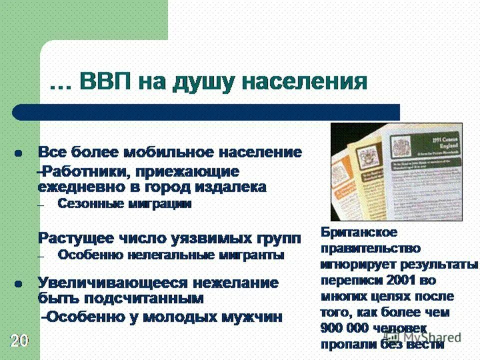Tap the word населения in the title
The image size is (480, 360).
299,82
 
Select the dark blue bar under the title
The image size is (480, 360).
205,112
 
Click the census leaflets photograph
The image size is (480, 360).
397,172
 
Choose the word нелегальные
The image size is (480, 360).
168,255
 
